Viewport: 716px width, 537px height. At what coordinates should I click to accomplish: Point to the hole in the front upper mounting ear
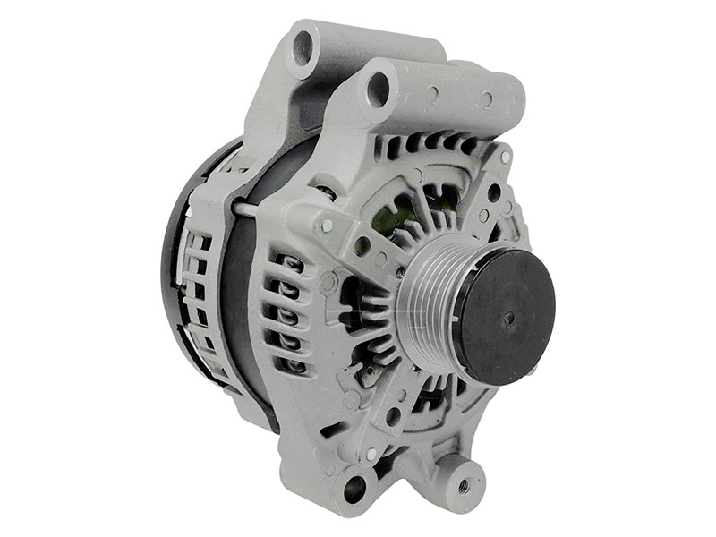(x=378, y=89)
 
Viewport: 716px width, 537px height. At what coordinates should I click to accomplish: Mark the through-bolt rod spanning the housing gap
(x=246, y=209)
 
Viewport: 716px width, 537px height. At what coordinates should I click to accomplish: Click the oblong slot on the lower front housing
(x=332, y=429)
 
